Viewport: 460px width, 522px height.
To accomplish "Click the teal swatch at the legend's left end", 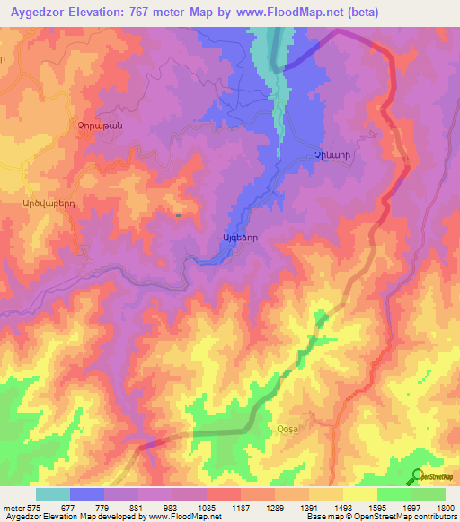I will tap(53, 494).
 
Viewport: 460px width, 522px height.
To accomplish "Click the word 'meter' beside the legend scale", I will tap(13, 509).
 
